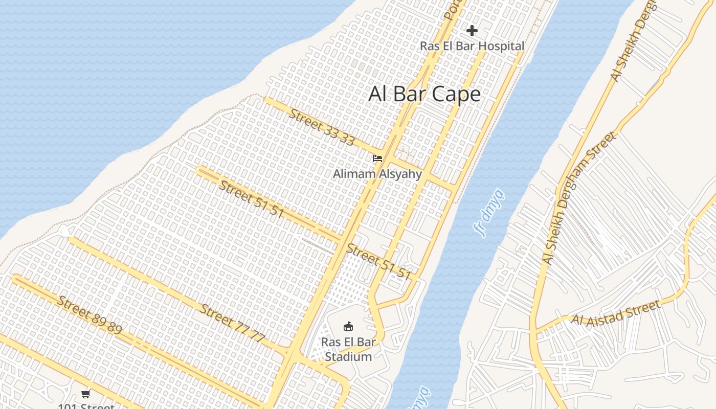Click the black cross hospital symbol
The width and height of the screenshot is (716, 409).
click(472, 31)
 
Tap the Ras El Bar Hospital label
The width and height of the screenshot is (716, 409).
click(472, 46)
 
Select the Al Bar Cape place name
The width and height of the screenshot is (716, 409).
click(424, 94)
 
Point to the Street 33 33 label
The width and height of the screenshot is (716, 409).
click(321, 127)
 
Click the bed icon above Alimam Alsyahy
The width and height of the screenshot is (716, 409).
click(377, 158)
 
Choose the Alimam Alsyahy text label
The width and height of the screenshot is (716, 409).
click(377, 174)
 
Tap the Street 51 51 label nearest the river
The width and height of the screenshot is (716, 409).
click(379, 262)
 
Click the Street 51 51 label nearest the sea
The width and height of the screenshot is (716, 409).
click(251, 199)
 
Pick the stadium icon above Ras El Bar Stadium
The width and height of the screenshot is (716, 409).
click(348, 326)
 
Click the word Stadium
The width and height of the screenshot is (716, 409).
click(348, 356)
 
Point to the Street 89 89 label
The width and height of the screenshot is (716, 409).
click(89, 315)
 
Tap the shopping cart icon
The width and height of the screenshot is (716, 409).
click(86, 394)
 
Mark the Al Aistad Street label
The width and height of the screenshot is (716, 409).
click(616, 313)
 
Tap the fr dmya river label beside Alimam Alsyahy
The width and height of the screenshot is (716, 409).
click(489, 214)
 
